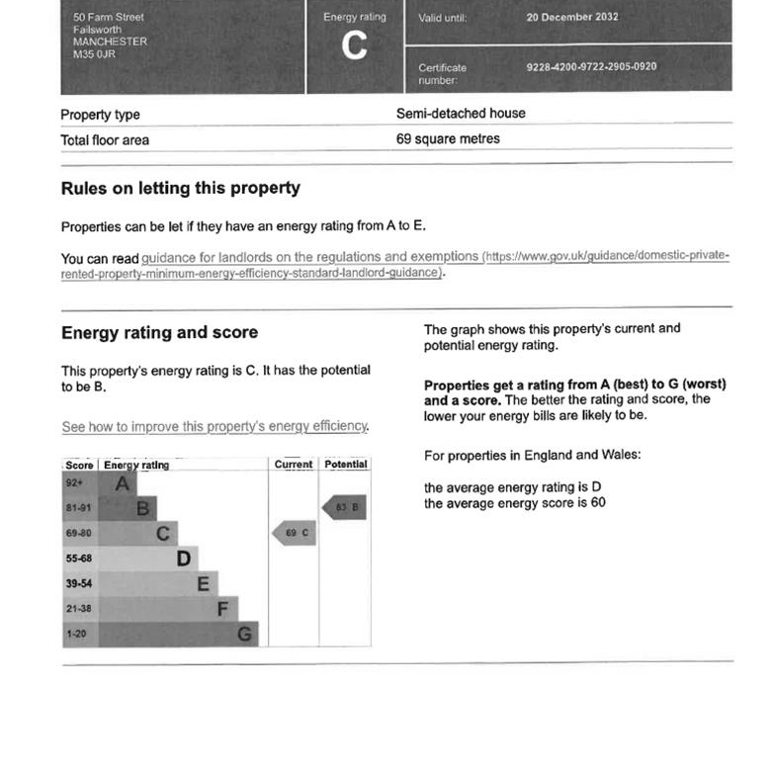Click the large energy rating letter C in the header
[x=354, y=46]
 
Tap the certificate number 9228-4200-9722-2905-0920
[x=591, y=67]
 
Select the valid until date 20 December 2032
[x=572, y=18]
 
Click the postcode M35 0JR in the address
[x=94, y=54]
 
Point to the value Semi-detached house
[x=461, y=114]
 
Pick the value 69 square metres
[x=448, y=139]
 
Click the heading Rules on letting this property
[x=181, y=188]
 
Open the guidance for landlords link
[x=310, y=257]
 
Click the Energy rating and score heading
[x=159, y=332]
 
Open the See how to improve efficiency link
[x=214, y=427]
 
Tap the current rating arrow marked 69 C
[x=294, y=534]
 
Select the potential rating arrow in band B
[x=345, y=508]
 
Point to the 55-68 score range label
[x=79, y=559]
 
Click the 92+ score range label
[x=75, y=483]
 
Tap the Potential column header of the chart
[x=345, y=465]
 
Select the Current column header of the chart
[x=294, y=465]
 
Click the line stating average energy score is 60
[x=515, y=503]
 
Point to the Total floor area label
[x=105, y=140]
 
